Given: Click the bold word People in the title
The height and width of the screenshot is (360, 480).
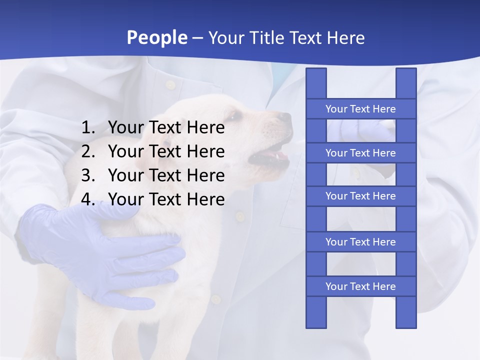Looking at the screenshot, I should pos(157,37).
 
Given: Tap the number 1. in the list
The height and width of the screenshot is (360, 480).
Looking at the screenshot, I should pos(88,128).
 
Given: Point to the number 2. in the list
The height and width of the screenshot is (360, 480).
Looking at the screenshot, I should pos(88,151).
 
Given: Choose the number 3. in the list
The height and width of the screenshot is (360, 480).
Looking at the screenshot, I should pos(88,175).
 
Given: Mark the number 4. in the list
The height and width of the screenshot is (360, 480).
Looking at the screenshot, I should pos(88,199).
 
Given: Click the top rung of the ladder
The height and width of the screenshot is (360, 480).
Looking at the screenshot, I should pos(360,109).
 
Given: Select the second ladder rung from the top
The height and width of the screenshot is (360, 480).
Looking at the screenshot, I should pos(360,153).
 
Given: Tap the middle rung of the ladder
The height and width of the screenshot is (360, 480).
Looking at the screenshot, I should pos(360,196).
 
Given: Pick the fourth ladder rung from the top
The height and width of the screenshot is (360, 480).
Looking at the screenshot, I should pos(360,242).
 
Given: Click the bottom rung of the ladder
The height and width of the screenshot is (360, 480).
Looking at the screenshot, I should pos(360,286).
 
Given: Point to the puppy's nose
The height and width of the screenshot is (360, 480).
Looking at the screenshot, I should pos(285,118).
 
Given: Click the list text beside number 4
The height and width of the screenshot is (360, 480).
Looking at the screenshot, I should pos(166,199).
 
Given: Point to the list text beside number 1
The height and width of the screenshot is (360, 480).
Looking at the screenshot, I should pos(166,128).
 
